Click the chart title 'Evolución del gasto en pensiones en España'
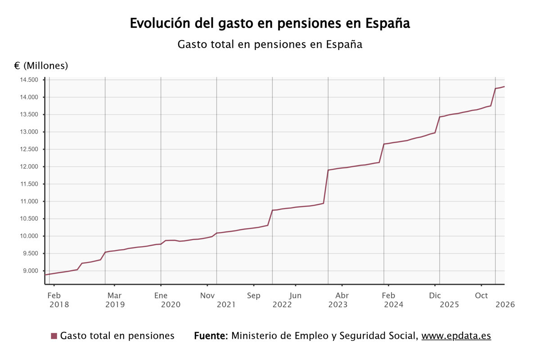click(270, 23)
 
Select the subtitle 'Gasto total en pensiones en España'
click(270, 45)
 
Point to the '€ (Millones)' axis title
click(41, 66)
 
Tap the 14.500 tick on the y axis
click(29, 80)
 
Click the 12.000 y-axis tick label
click(29, 167)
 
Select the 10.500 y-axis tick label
click(29, 219)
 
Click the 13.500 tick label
click(29, 115)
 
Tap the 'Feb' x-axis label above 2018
click(54, 296)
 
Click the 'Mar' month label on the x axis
click(114, 296)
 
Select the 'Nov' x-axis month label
click(207, 296)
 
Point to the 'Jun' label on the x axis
click(295, 296)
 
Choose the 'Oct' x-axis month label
click(481, 296)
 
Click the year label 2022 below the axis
click(282, 305)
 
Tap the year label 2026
click(505, 305)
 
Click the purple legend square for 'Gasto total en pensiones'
click(54, 336)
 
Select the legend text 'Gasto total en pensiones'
click(117, 336)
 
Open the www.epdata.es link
click(456, 336)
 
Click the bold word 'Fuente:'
click(211, 336)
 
